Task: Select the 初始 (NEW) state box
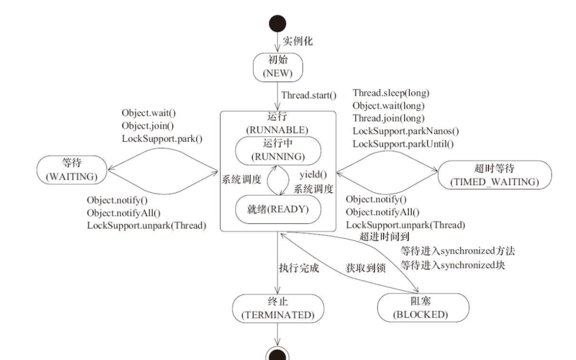tap(278, 66)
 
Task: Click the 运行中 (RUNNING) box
tap(277, 150)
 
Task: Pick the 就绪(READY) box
tap(277, 210)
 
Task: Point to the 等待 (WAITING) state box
tap(70, 170)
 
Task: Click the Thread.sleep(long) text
tap(390, 93)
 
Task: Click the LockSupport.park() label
tap(162, 140)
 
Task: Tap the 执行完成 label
tap(298, 268)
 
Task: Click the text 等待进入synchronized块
tap(454, 265)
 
